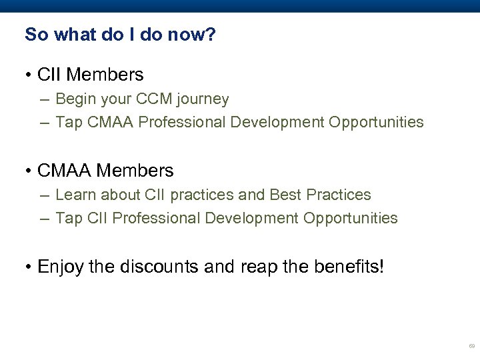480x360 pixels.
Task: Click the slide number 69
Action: point(471,347)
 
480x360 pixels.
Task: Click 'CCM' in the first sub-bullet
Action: point(153,99)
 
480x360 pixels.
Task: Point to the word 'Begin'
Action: point(75,99)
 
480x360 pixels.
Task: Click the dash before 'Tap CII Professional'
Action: point(43,218)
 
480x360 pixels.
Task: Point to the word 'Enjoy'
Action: point(61,267)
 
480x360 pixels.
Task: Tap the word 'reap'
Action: point(256,267)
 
